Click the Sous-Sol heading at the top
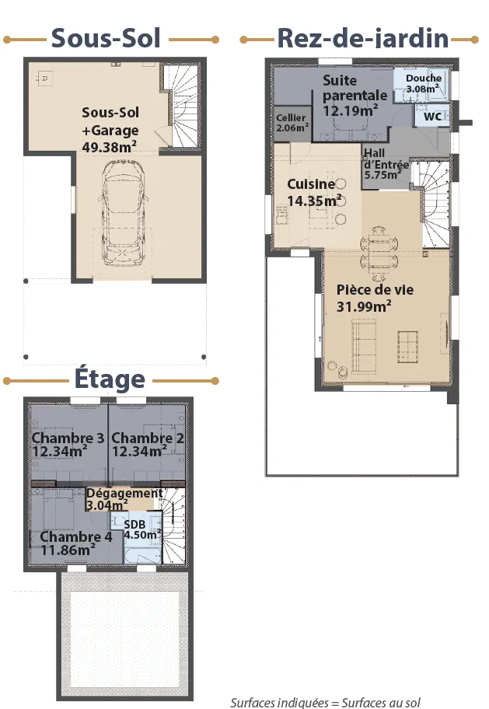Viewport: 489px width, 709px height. tap(106, 38)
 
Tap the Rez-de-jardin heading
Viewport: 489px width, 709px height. tap(363, 38)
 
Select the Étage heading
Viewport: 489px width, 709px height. tap(110, 378)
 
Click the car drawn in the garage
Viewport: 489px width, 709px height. tap(123, 212)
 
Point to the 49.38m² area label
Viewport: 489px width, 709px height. tap(110, 147)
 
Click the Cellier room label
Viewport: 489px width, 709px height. tap(291, 117)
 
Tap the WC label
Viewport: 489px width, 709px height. tap(432, 117)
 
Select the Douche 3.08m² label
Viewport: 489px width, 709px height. tap(424, 83)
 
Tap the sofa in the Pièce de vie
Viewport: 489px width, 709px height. tap(364, 347)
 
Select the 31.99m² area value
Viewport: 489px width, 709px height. tap(364, 306)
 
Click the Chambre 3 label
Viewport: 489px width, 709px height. tap(68, 438)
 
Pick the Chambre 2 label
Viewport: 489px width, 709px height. tap(148, 438)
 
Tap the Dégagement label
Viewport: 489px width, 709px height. tap(124, 494)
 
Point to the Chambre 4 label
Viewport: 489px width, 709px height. tap(76, 536)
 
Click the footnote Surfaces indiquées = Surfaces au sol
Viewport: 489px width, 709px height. tap(325, 702)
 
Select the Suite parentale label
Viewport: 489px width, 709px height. tap(355, 88)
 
